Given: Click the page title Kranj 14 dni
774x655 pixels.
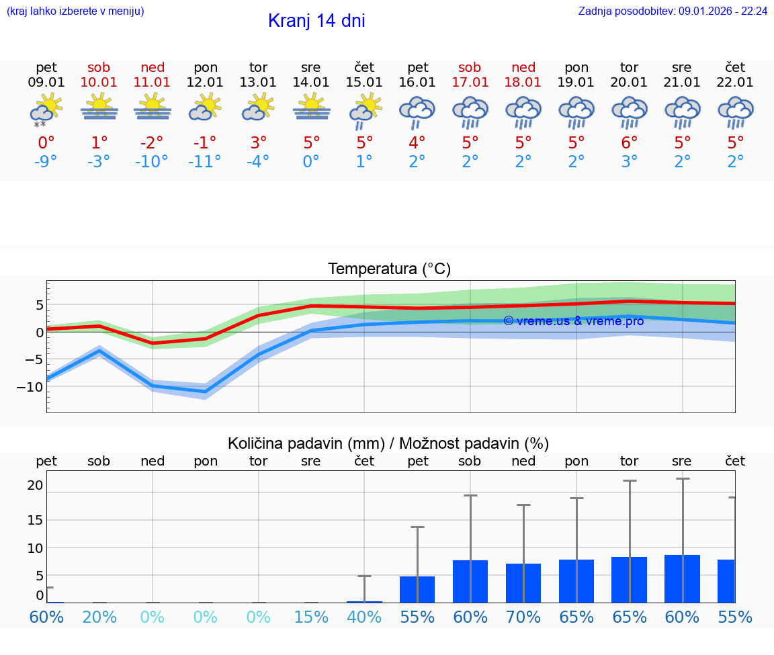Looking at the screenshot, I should tap(316, 21).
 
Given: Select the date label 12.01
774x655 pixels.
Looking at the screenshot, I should tap(205, 82).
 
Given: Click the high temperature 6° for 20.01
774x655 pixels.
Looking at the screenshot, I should tap(630, 142).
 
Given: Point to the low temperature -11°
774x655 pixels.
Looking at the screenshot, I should tap(205, 161).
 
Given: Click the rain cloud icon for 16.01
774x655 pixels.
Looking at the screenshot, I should tap(417, 112).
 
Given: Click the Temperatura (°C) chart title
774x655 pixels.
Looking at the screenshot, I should tap(389, 269).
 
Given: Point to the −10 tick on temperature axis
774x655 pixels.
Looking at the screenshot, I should tap(30, 387).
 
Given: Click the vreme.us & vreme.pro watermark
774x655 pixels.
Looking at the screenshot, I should tap(573, 321).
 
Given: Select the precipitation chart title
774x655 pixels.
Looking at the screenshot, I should tap(388, 443).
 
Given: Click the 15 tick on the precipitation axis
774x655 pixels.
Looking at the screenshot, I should tap(35, 520).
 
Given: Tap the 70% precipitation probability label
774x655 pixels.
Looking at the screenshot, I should tap(523, 617).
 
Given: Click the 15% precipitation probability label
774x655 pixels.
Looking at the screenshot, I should tap(311, 617).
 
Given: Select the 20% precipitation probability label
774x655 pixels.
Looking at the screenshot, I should tap(99, 617).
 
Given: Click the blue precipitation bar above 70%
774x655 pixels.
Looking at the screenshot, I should tap(523, 583).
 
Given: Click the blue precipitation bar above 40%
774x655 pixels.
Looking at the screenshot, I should tap(364, 601).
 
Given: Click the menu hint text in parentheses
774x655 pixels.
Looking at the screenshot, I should tap(75, 11).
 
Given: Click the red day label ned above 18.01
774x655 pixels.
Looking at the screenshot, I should tap(523, 67).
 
